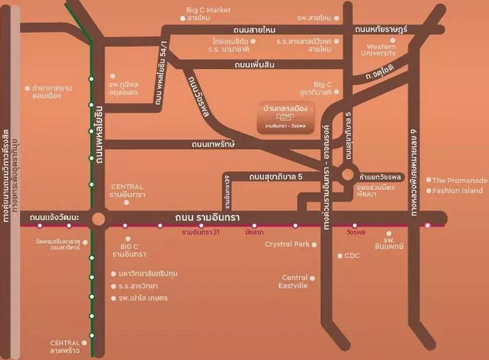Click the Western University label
pyautogui.click(x=381, y=50)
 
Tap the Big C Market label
pyautogui.click(x=208, y=10)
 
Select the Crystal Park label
pyautogui.click(x=287, y=244)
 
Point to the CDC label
pyautogui.click(x=352, y=255)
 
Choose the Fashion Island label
pyautogui.click(x=457, y=191)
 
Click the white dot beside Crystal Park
pyautogui.click(x=315, y=244)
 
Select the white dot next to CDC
pyautogui.click(x=340, y=255)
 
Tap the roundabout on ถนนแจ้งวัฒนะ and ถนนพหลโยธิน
pyautogui.click(x=98, y=219)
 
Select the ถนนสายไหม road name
pyautogui.click(x=255, y=30)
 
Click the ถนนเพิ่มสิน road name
pyautogui.click(x=255, y=65)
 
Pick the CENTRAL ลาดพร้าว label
pyautogui.click(x=65, y=346)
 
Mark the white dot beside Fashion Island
pyautogui.click(x=428, y=191)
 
